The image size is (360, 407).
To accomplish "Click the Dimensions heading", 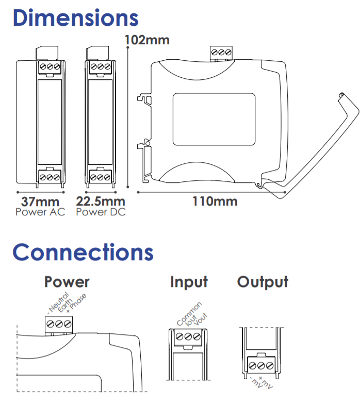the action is pos(76,18).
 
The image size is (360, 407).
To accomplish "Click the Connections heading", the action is pos(83,252).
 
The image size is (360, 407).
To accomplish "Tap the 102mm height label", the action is pos(148,40).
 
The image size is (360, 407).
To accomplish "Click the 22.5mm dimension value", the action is pos(101,201).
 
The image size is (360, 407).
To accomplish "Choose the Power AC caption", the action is pos(40,212).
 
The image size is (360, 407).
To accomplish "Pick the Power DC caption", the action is pos(101,212).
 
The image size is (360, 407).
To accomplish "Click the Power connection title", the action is pos(67,282).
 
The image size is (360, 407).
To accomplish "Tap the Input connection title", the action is pos(189,282).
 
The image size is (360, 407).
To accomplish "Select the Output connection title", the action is pos(263,282).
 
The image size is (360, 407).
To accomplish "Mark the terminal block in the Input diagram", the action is pos(188,337).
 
